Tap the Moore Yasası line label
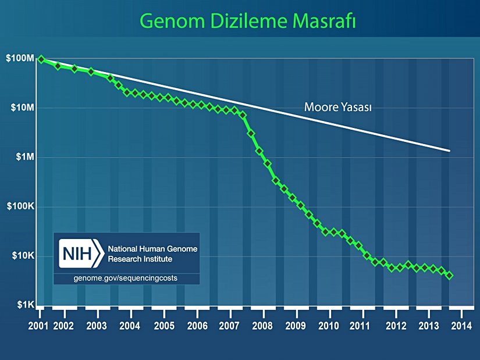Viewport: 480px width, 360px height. (x=338, y=107)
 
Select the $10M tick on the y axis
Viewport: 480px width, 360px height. (x=21, y=108)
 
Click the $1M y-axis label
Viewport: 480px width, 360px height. (x=23, y=157)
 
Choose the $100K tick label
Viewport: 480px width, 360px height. (x=20, y=206)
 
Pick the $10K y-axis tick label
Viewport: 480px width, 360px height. (x=23, y=256)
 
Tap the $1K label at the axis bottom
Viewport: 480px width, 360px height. (x=24, y=305)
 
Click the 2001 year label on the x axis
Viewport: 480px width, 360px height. (x=38, y=324)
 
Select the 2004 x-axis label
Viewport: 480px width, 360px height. (x=129, y=324)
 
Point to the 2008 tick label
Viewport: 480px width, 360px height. (x=262, y=324)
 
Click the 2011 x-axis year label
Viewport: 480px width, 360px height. (x=361, y=324)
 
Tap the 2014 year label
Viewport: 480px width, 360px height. (x=461, y=324)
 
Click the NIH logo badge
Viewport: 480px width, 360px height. (x=80, y=254)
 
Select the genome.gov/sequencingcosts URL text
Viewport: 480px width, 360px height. (x=126, y=278)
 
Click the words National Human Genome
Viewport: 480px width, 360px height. (x=153, y=248)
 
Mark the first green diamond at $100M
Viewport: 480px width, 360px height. (x=41, y=59)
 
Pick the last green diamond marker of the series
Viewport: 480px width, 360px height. (x=449, y=275)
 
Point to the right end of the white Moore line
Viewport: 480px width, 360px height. (x=449, y=151)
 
